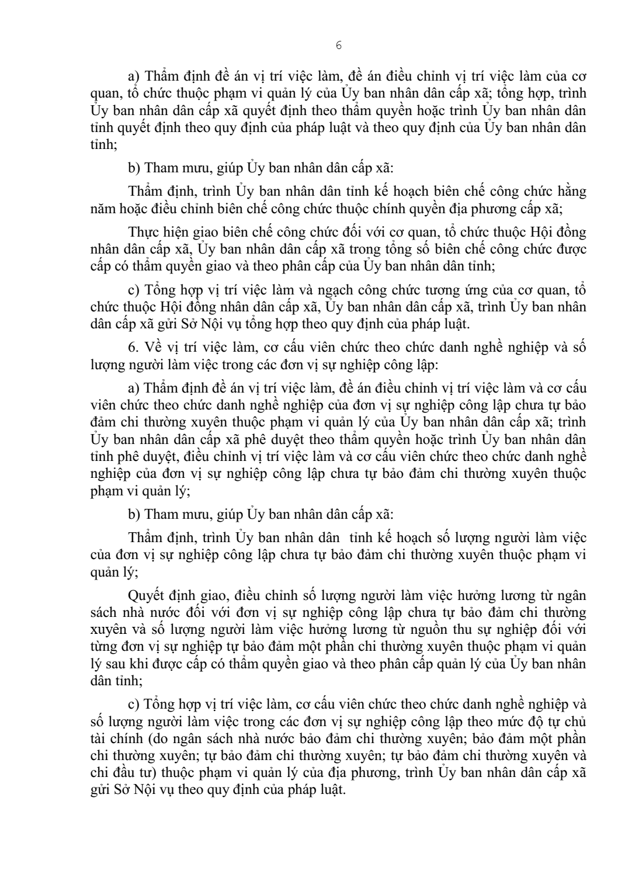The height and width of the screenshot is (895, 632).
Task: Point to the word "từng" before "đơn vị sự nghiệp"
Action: click(104, 647)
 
